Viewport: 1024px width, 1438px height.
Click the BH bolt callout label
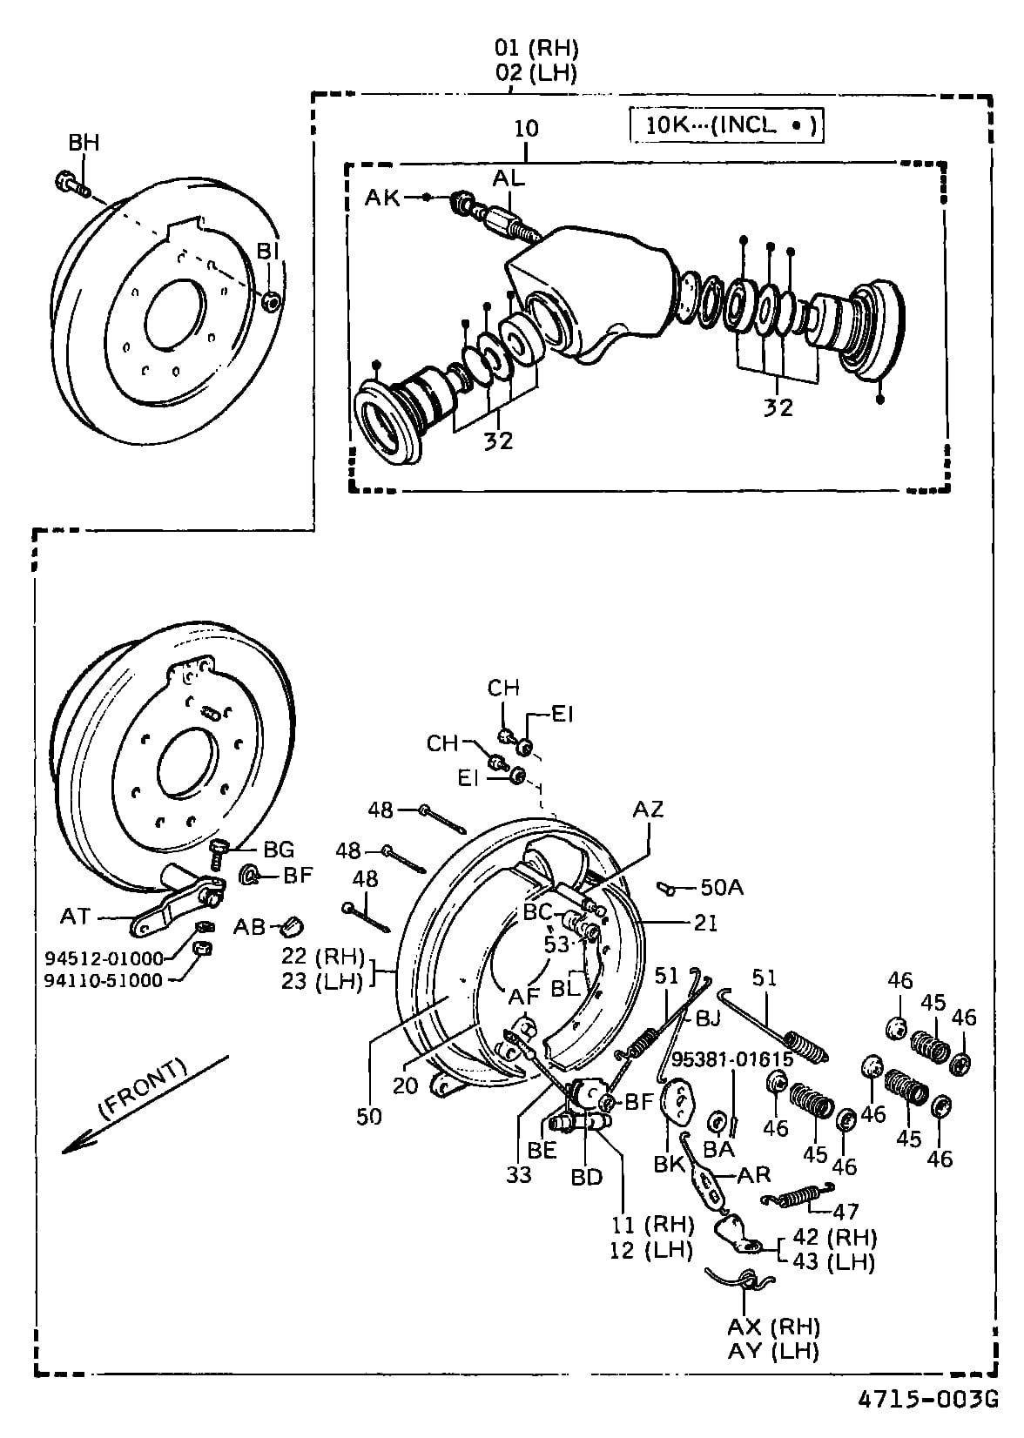tap(84, 143)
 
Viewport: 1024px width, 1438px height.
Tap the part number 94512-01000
tap(104, 958)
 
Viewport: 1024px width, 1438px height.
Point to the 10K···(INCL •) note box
tap(725, 125)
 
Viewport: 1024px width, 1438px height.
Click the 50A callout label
tap(722, 887)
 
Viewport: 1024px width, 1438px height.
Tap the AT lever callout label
tap(76, 916)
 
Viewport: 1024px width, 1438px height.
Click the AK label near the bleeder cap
tap(382, 198)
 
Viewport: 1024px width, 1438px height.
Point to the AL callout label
tap(509, 178)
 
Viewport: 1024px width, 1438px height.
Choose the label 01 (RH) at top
tap(536, 48)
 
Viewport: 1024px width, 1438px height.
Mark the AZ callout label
tap(648, 810)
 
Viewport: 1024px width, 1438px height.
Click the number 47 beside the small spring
tap(845, 1211)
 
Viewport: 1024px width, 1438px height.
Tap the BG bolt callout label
tap(279, 849)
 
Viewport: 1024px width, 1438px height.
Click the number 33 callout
tap(520, 1174)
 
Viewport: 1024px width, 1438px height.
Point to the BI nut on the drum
tap(271, 301)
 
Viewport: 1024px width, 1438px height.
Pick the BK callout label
tap(669, 1164)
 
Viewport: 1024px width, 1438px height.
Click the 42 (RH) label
tap(834, 1237)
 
